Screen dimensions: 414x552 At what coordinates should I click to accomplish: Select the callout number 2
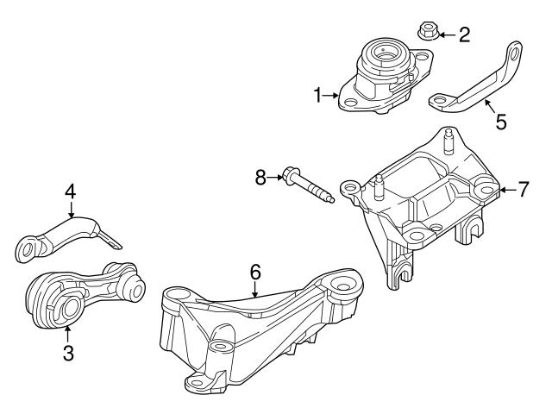point(464,34)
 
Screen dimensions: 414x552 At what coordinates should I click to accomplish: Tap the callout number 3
point(67,354)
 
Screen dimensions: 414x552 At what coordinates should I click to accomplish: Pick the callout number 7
point(523,189)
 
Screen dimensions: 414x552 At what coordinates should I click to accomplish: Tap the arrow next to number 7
point(507,189)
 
